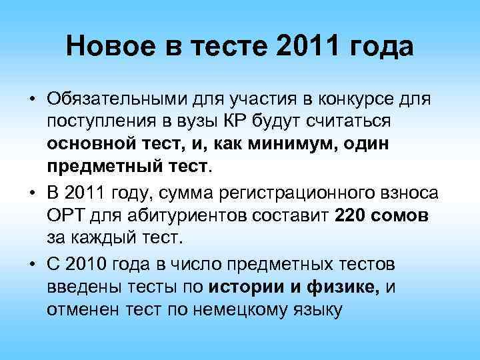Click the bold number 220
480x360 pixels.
point(351,215)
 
